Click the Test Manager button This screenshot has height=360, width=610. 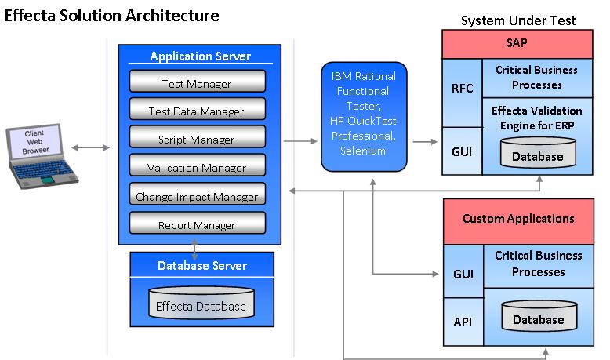point(196,83)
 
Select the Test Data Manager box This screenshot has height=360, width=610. point(196,111)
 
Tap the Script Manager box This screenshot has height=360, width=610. point(196,140)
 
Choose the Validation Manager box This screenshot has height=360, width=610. point(196,168)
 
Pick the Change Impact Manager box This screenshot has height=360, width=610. point(196,196)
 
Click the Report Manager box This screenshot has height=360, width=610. point(196,225)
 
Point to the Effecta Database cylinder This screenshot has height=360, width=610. point(201,306)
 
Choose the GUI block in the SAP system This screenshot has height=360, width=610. point(462,150)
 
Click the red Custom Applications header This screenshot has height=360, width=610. point(518,219)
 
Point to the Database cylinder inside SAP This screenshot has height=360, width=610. point(537,155)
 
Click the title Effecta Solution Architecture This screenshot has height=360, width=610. point(112,15)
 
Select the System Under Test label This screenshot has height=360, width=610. point(518,20)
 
